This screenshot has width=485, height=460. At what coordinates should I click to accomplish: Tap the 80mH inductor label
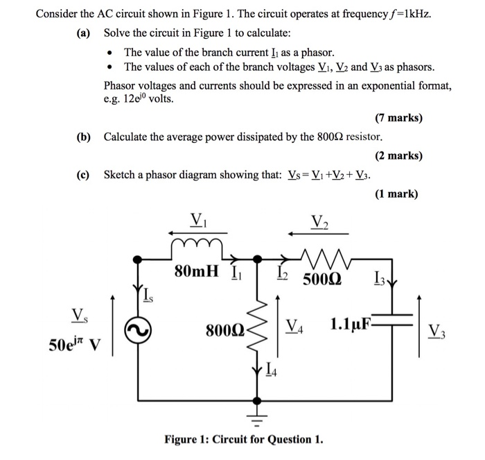196,271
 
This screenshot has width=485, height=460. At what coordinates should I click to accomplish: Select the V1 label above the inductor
197,221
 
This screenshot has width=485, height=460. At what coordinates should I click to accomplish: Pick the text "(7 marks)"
398,118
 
